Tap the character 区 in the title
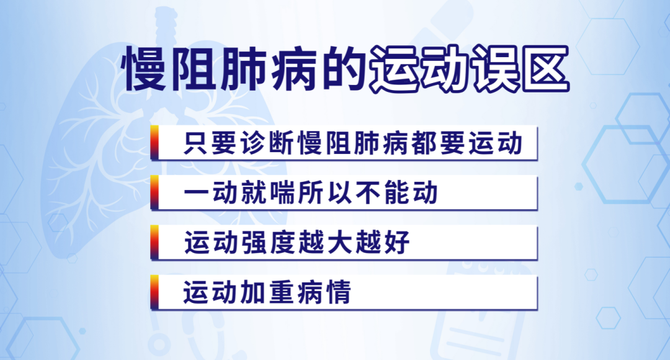point(545,70)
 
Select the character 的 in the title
point(342,70)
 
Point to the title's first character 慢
point(143,70)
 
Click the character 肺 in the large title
point(243,70)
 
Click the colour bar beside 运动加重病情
point(154,292)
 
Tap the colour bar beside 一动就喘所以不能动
point(154,192)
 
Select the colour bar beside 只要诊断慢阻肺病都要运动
point(154,142)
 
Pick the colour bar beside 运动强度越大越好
point(154,242)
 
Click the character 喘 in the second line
point(282,192)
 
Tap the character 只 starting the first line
point(196,143)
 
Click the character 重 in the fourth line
point(282,292)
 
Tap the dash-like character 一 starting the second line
point(196,193)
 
